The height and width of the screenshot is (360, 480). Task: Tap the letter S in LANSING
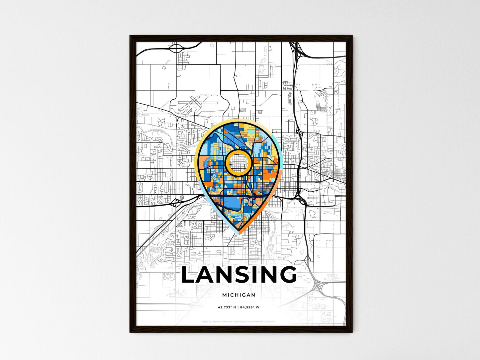point(247,275)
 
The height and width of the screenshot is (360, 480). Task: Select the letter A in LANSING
point(209,275)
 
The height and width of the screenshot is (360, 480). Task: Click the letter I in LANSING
point(260,275)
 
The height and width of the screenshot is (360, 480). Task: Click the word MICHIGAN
point(239,295)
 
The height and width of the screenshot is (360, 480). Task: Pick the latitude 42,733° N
point(227,307)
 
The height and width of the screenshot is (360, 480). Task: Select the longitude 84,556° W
point(250,307)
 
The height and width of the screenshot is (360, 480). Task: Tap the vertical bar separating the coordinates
point(238,307)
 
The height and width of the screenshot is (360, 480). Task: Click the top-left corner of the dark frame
point(130,36)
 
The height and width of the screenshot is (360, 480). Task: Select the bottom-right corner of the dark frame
point(352,332)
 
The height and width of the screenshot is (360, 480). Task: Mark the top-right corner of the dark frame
point(352,36)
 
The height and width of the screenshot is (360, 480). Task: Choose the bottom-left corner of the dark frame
point(130,332)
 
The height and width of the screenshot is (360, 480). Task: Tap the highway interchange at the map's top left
point(176,48)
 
